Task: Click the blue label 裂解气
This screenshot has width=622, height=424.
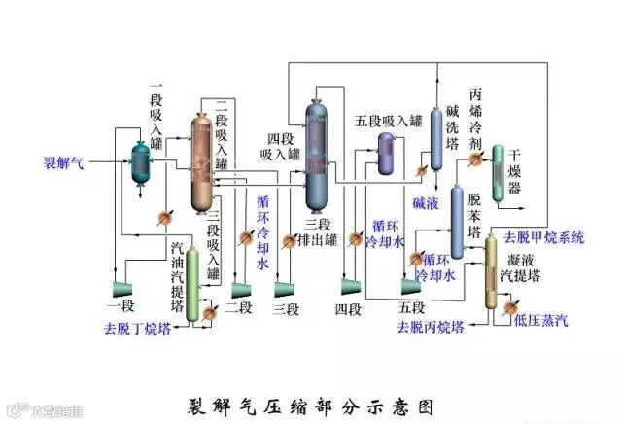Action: coord(64,162)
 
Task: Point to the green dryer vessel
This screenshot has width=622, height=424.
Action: coord(498,173)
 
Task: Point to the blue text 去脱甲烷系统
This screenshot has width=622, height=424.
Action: coord(543,237)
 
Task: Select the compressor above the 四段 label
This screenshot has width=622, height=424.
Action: coord(348,284)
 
